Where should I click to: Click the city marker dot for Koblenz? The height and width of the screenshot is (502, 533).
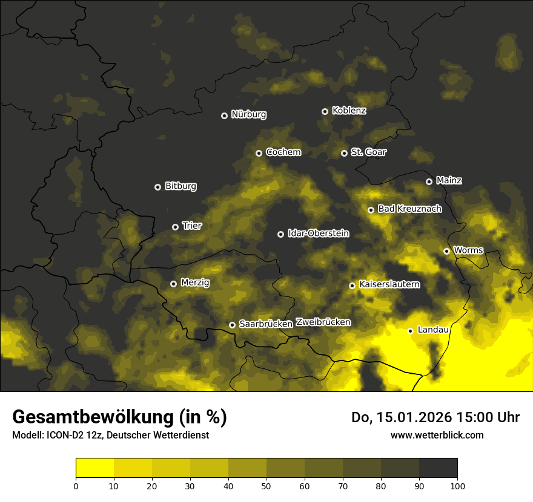(325, 111)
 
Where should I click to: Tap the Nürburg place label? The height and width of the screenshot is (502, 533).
(249, 115)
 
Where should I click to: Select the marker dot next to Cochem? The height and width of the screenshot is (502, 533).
(259, 153)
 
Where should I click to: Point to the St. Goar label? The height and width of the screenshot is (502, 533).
(368, 152)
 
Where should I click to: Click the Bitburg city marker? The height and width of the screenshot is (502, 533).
(157, 187)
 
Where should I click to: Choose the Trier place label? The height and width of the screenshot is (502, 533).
(192, 226)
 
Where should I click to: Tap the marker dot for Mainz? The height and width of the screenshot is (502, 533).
(429, 181)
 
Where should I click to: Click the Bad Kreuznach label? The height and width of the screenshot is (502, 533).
(409, 209)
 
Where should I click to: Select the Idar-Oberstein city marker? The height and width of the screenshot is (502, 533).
(280, 234)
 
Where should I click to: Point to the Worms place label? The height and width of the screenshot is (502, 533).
(468, 250)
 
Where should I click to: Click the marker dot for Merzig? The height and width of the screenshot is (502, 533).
(173, 284)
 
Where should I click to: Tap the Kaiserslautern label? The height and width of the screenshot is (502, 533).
(389, 285)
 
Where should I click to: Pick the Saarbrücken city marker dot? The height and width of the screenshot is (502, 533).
(232, 325)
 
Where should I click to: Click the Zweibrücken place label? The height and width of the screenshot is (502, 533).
(323, 322)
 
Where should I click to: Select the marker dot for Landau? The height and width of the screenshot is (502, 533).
(410, 331)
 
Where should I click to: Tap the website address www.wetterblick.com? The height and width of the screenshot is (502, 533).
(437, 435)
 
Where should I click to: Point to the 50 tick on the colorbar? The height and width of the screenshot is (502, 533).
(266, 485)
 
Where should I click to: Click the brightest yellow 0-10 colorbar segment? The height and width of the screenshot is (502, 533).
(94, 468)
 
